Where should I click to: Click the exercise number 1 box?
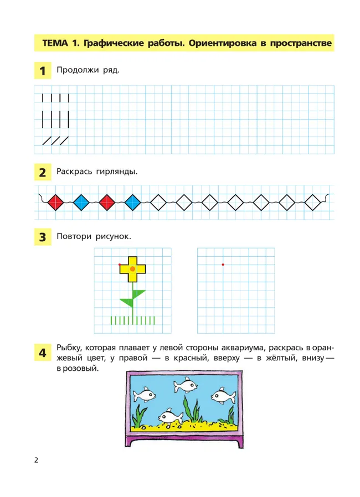[x=43, y=70]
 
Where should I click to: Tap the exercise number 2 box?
[x=43, y=173]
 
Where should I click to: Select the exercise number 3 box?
[x=43, y=237]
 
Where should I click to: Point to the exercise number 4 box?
[x=43, y=353]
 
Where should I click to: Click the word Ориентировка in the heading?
[x=222, y=43]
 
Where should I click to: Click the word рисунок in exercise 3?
[x=113, y=236]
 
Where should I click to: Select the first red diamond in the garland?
[x=55, y=202]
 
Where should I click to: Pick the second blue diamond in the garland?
[x=132, y=202]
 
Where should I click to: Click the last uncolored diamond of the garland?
[x=313, y=202]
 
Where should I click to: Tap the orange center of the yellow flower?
[x=132, y=269]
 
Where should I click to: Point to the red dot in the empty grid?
[x=223, y=265]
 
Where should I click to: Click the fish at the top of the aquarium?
[x=185, y=385]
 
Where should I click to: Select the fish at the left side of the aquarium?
[x=144, y=395]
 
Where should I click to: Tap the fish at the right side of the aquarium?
[x=224, y=396]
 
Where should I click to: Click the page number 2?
[x=36, y=460]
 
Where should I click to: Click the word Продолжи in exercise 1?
[x=78, y=70]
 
